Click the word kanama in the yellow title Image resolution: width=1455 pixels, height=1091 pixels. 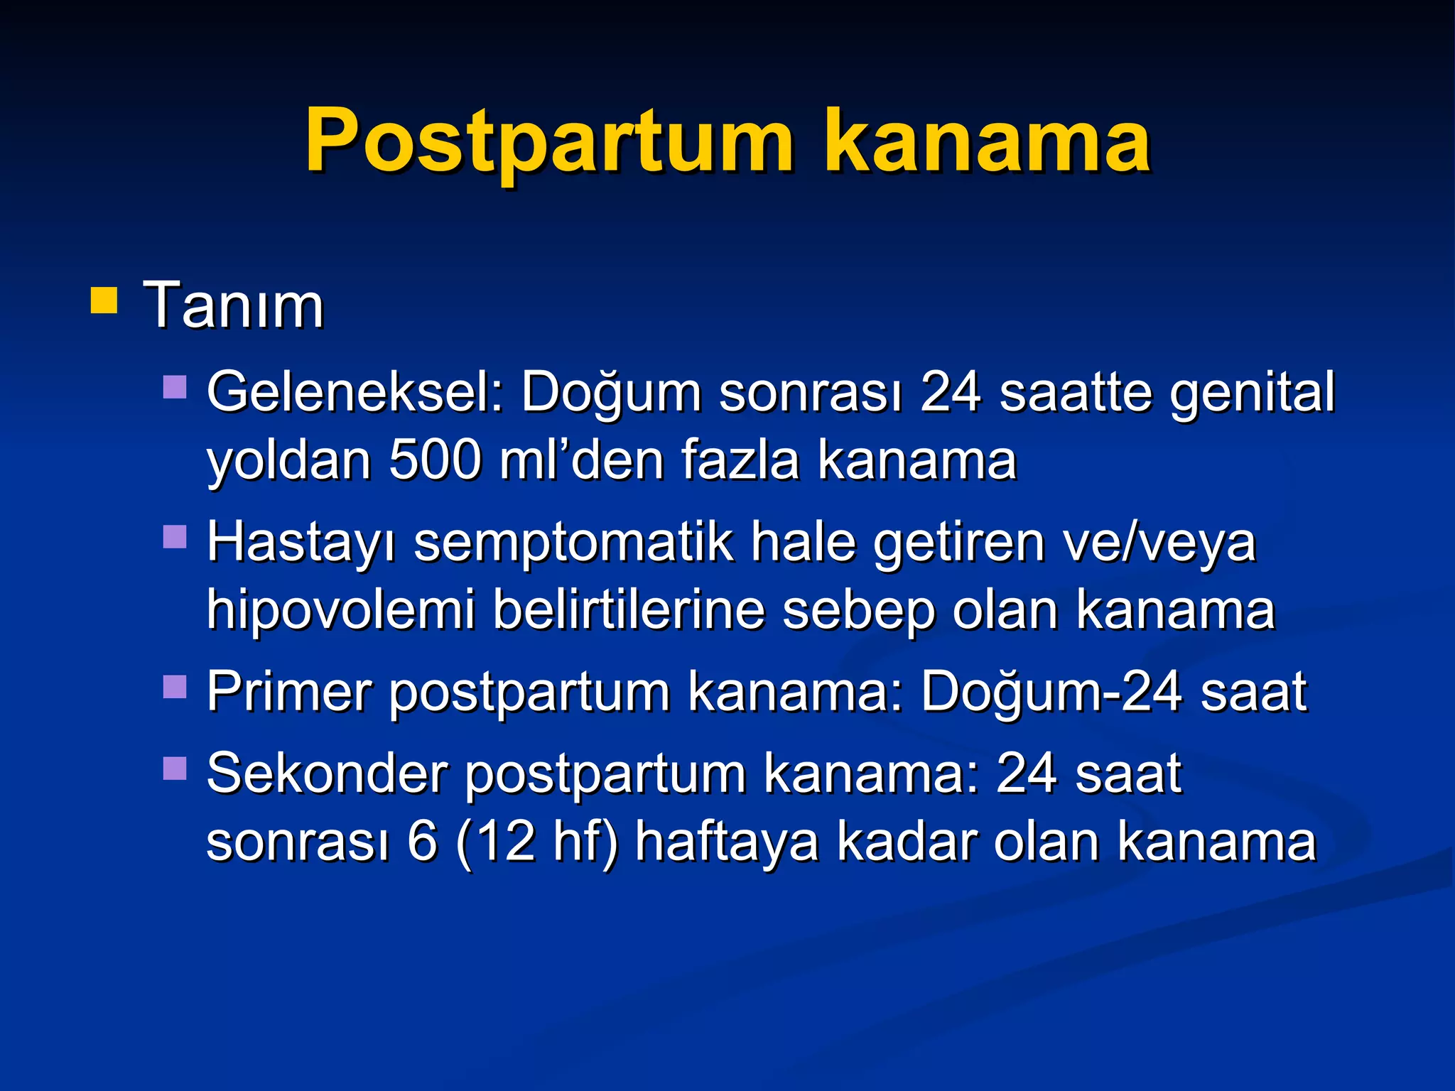tap(988, 142)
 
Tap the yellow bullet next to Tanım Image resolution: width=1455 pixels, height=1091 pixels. tap(104, 300)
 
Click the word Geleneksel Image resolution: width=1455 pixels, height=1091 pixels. tap(355, 392)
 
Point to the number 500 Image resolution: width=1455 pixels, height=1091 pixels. tap(436, 460)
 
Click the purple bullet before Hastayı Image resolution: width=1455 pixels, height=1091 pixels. tap(175, 537)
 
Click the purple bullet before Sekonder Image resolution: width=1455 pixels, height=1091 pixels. tap(175, 768)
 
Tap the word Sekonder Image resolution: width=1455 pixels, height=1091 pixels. tap(328, 773)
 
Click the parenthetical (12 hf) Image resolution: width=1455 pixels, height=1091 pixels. tap(537, 841)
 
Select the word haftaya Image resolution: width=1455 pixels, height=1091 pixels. tap(727, 842)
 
